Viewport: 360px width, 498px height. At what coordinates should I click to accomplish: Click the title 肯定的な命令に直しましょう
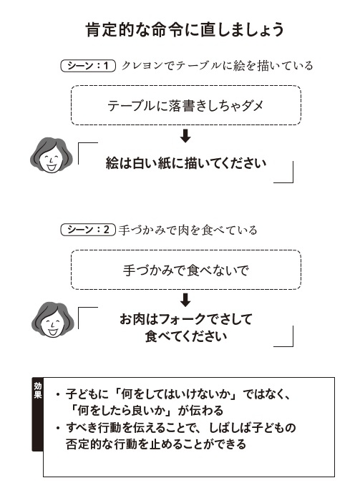[x=185, y=30]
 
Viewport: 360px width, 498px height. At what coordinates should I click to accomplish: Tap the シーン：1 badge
[x=88, y=66]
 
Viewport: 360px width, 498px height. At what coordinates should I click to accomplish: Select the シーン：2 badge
[x=88, y=230]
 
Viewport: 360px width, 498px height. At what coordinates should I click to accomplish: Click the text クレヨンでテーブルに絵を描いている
[x=218, y=66]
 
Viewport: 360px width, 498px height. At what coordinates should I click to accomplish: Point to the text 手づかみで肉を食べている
[x=188, y=230]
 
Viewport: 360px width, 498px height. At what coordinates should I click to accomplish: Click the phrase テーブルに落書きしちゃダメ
[x=185, y=106]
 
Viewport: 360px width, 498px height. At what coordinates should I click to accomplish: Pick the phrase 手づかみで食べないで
[x=186, y=270]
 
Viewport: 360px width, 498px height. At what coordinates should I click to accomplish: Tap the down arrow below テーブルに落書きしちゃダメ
[x=185, y=136]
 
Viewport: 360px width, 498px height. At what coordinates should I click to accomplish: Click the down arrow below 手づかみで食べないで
[x=185, y=300]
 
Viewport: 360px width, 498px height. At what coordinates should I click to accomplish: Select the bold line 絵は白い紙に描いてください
[x=186, y=163]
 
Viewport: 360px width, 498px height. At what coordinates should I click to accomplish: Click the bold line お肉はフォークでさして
[x=186, y=319]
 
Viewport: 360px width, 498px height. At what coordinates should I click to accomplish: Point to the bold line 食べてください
[x=186, y=336]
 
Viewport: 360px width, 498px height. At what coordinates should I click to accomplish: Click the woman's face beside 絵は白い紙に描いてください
[x=51, y=156]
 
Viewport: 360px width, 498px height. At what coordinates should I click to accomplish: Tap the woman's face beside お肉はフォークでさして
[x=52, y=320]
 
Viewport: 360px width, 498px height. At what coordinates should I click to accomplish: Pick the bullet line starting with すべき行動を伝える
[x=175, y=427]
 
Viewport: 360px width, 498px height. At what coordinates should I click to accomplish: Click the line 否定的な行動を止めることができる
[x=156, y=444]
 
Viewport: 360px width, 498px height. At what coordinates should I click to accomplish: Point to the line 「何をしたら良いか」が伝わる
[x=147, y=411]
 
